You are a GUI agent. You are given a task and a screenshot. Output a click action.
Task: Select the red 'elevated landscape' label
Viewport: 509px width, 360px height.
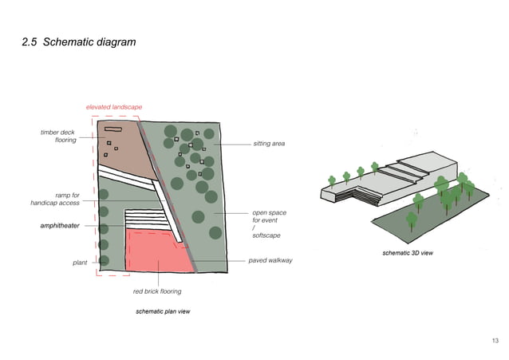click(114, 107)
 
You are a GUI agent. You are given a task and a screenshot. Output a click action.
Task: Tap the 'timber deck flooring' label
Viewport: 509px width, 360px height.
click(58, 136)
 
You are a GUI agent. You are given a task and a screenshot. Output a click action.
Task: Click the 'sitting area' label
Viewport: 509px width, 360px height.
click(268, 144)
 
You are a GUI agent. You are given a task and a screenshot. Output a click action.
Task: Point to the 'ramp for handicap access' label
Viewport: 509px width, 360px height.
click(55, 199)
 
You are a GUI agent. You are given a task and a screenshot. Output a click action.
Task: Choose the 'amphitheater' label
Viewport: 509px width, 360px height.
click(60, 226)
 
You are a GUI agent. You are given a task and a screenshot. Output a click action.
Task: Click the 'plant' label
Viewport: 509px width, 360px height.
click(80, 261)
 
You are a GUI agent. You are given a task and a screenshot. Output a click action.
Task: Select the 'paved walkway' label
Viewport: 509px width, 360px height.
click(270, 260)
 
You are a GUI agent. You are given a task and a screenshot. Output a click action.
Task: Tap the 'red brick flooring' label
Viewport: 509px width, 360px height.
click(157, 291)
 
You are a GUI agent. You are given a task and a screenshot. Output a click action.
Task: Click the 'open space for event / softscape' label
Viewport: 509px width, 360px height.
click(269, 224)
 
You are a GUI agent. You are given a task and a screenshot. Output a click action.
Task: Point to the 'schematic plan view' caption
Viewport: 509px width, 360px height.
click(162, 310)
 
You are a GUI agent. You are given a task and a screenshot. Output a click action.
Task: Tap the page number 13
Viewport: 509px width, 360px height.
click(495, 341)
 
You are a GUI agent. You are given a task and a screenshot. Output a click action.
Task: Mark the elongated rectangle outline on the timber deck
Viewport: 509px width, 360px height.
click(112, 129)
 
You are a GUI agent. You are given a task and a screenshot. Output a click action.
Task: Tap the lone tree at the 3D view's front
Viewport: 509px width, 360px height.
click(412, 220)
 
